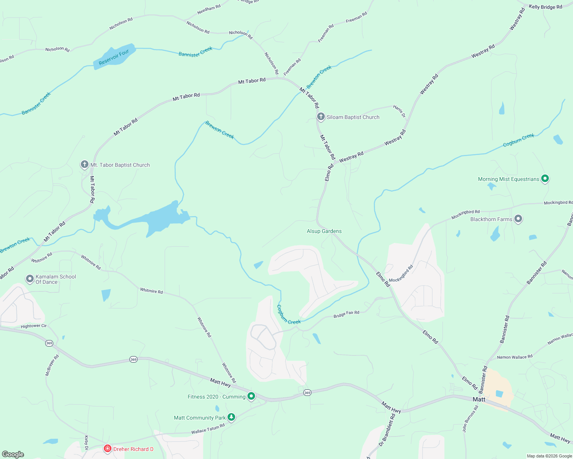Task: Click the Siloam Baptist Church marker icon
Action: (321, 116)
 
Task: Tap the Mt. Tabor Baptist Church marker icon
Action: (84, 164)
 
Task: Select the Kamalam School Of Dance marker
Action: (30, 279)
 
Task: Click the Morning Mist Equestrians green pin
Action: (545, 179)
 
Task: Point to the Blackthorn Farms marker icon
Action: (518, 219)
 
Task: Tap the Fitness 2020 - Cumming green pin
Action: (251, 396)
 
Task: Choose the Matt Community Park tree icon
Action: (231, 417)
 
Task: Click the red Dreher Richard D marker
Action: (108, 448)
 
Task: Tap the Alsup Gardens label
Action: (324, 231)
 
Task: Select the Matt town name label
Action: (479, 399)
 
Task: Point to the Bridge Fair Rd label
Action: (346, 314)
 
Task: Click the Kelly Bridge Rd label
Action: (545, 7)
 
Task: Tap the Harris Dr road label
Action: (399, 111)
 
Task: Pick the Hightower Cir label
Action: (34, 326)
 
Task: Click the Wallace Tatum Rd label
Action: (208, 429)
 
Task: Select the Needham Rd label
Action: (209, 10)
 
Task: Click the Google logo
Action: (13, 454)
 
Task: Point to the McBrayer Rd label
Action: (52, 365)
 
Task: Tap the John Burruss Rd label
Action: (470, 419)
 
